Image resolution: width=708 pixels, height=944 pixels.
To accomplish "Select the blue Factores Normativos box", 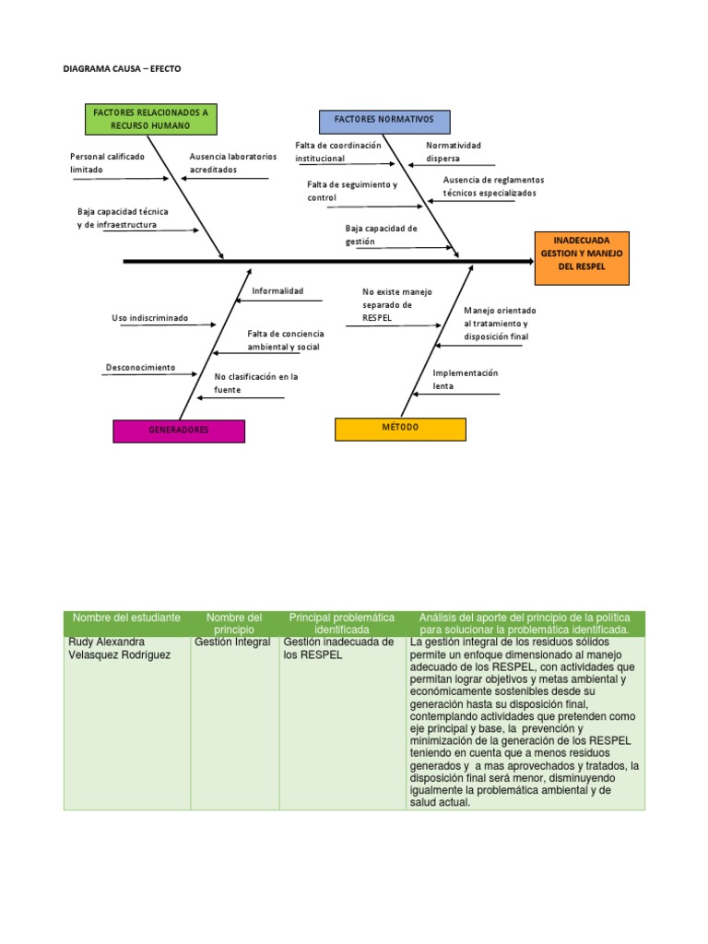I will coord(384,122).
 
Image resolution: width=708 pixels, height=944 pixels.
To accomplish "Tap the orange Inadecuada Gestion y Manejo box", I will coord(581,254).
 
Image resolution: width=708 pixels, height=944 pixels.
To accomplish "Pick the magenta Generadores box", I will coord(179,431).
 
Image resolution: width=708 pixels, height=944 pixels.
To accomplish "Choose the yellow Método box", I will coord(400,429).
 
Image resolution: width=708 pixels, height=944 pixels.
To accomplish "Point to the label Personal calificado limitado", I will coord(107,163).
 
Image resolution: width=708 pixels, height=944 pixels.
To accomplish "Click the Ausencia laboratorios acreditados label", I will coord(232,163).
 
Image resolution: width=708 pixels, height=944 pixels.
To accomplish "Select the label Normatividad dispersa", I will coord(453,152).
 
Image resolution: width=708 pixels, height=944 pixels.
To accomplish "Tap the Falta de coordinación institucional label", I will coord(337,152).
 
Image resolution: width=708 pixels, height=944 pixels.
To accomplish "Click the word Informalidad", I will coord(277,291).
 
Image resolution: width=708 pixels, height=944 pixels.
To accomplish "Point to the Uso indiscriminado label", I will coord(149,318).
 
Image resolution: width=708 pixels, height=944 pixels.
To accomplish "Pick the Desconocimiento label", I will coord(140,367).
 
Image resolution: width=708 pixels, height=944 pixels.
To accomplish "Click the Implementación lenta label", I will coord(465,379).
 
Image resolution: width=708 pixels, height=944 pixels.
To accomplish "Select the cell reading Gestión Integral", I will coord(233,642).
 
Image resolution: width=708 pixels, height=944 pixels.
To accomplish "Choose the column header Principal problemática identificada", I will coord(341,623).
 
